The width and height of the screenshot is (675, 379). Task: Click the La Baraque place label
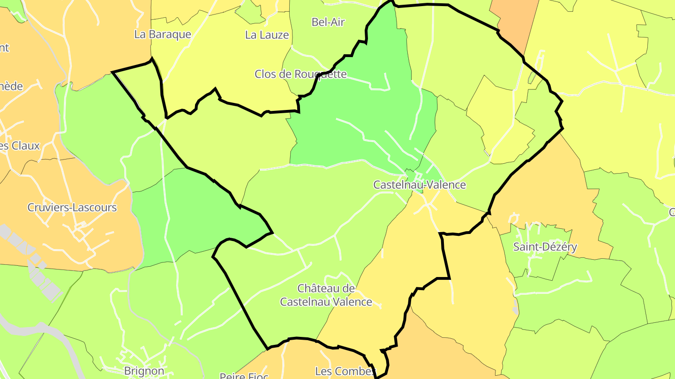tap(163, 34)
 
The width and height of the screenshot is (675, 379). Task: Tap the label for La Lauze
tap(267, 35)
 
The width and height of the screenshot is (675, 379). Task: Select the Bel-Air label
tap(328, 22)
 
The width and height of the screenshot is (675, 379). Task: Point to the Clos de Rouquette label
tap(300, 74)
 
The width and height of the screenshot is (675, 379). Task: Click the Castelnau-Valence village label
tap(420, 185)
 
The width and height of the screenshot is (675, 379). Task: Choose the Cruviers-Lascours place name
tap(72, 207)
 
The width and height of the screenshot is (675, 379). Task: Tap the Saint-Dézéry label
tap(545, 247)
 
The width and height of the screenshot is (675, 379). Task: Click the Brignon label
tap(144, 371)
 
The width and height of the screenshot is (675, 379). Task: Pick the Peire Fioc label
tap(244, 376)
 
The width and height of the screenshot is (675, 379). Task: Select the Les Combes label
tap(345, 372)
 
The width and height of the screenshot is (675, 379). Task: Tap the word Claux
tap(26, 146)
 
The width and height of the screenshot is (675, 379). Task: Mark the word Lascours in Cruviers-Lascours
tap(95, 207)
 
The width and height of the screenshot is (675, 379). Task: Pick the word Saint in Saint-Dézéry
tap(526, 247)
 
